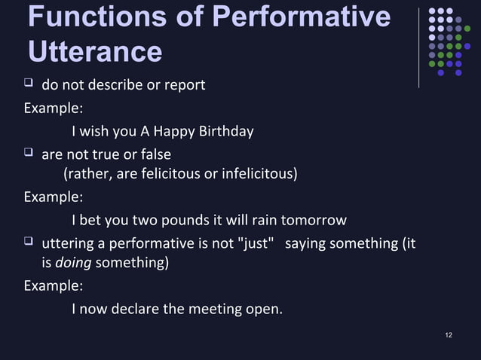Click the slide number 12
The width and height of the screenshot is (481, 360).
point(449,334)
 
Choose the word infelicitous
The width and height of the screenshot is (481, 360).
point(256,175)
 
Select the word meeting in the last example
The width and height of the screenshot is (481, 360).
point(218,308)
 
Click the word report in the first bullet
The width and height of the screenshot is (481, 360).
point(184,84)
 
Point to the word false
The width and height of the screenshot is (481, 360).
point(154,154)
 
